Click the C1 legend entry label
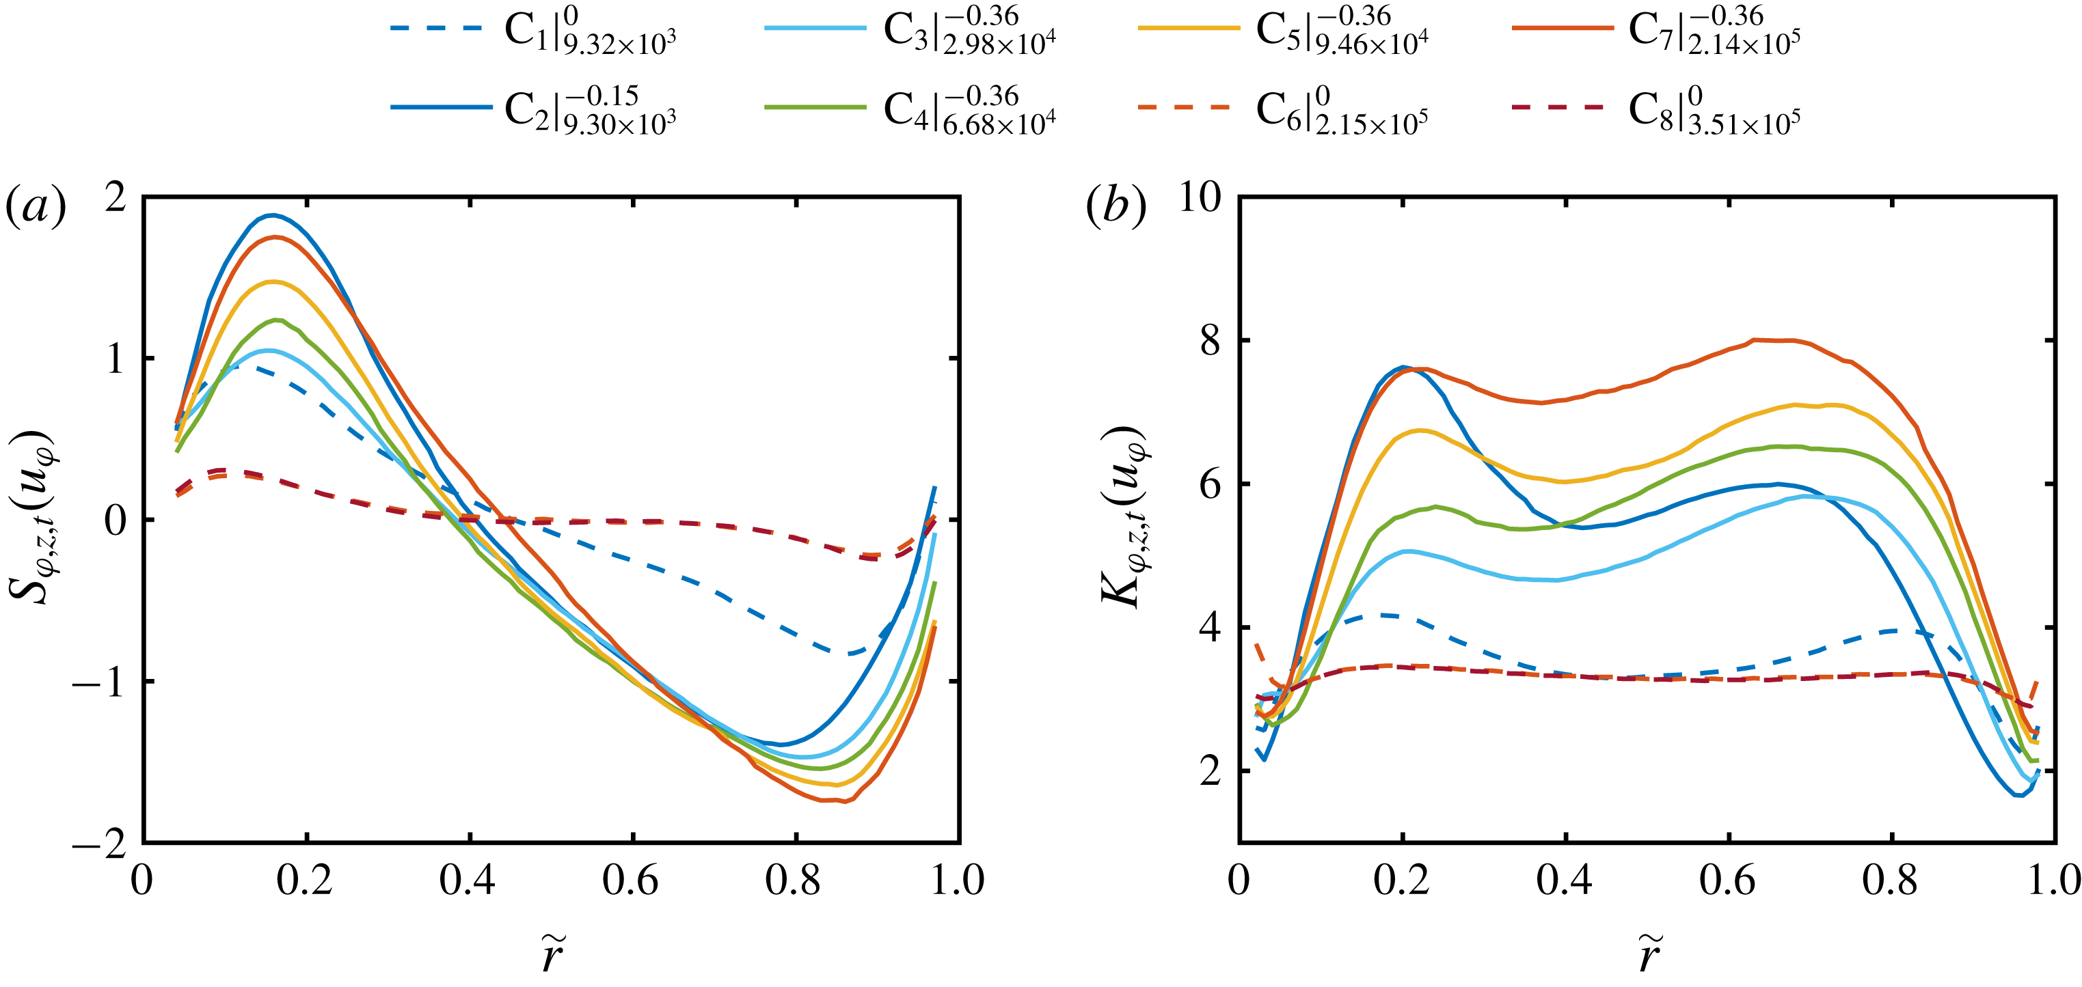coord(590,31)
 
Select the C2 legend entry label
coord(590,111)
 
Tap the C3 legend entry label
coord(969,31)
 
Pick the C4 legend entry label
coord(969,111)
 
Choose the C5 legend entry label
coord(1342,31)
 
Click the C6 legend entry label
coord(1342,111)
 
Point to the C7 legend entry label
coord(1714,31)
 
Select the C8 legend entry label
coord(1714,111)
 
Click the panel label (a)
coord(36,208)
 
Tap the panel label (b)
coord(1116,208)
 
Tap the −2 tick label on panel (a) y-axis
coord(99,844)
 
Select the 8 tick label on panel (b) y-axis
coord(1210,341)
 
